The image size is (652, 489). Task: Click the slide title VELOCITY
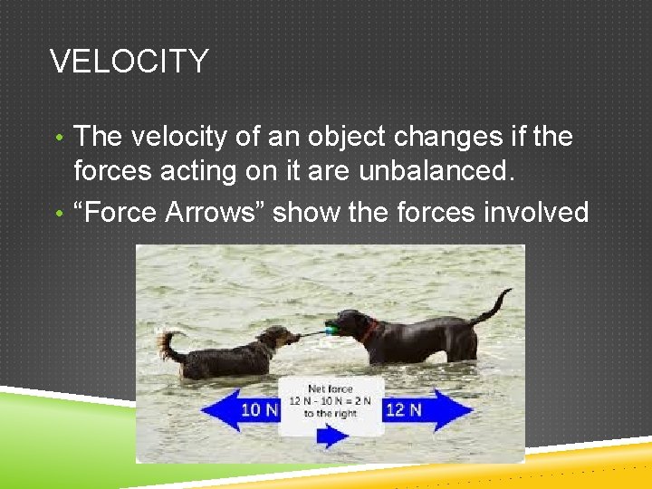click(129, 62)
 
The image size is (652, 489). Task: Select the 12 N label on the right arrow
click(404, 409)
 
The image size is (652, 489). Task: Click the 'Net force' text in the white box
click(331, 388)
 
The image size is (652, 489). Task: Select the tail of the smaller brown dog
click(168, 343)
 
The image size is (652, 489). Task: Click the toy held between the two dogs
click(319, 331)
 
